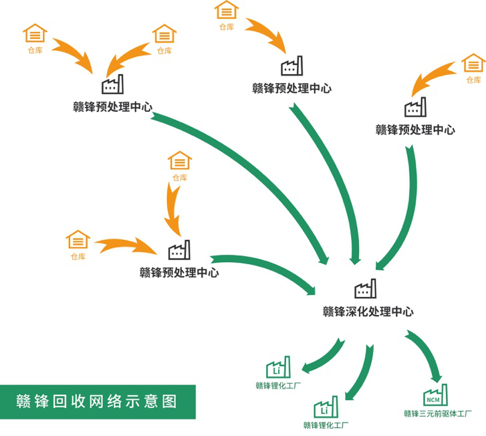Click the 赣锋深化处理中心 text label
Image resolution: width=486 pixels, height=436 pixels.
click(368, 312)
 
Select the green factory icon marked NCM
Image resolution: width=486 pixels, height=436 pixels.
click(436, 395)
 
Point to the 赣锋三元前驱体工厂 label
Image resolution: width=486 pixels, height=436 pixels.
click(438, 413)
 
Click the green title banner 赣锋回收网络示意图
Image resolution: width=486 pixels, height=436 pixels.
click(98, 401)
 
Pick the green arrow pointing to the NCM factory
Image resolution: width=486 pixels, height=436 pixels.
click(425, 353)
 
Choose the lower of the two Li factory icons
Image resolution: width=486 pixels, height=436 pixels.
click(326, 407)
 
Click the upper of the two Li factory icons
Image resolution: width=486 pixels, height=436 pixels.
click(279, 366)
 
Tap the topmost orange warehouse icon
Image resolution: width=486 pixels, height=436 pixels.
click(227, 11)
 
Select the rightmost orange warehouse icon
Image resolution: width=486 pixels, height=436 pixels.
click(473, 64)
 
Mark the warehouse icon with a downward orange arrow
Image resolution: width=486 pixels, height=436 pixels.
click(179, 161)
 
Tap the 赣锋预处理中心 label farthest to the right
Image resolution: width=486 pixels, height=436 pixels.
click(415, 130)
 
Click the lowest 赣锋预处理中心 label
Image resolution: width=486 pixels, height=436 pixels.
click(179, 272)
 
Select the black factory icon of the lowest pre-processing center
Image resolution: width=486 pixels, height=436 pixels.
click(178, 250)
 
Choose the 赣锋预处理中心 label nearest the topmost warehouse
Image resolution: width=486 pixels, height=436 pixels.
click(291, 88)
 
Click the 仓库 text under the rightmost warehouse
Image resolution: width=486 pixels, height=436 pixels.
click(473, 80)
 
